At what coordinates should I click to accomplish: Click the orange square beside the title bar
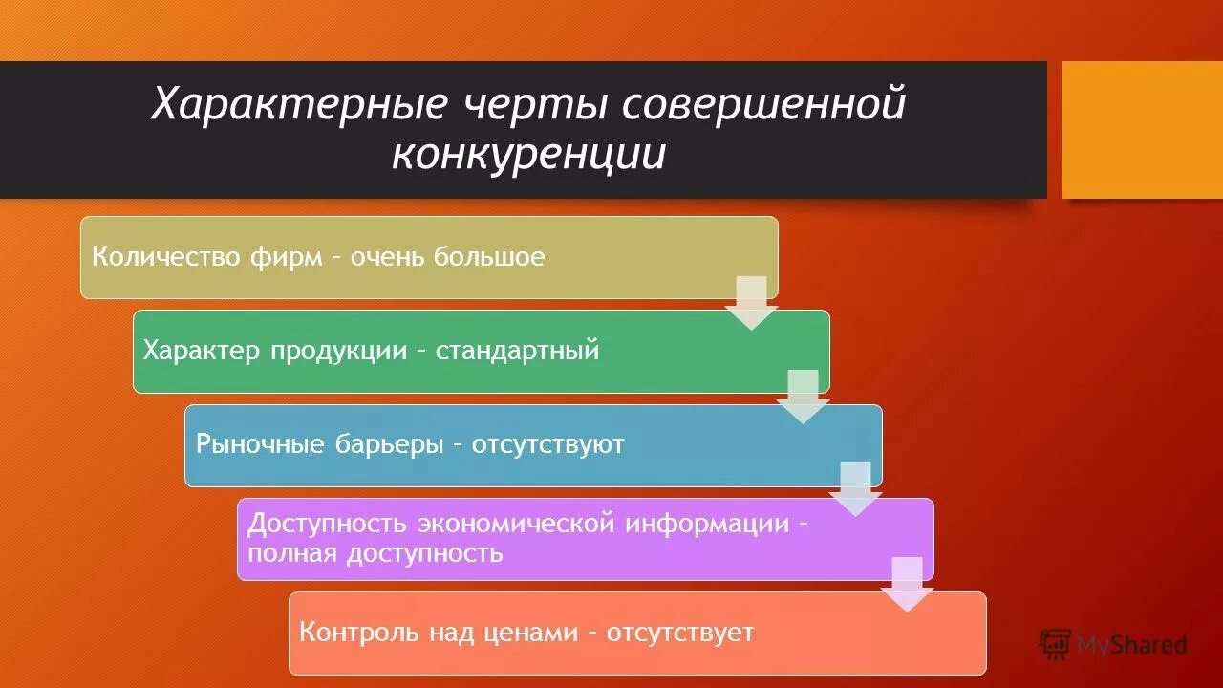[x=1142, y=130]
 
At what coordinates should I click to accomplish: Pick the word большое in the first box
[x=489, y=257]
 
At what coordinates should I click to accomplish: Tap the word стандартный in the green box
[x=518, y=351]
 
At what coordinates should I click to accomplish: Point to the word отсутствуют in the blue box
[x=547, y=444]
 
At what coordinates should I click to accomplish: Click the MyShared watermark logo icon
[x=1055, y=644]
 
